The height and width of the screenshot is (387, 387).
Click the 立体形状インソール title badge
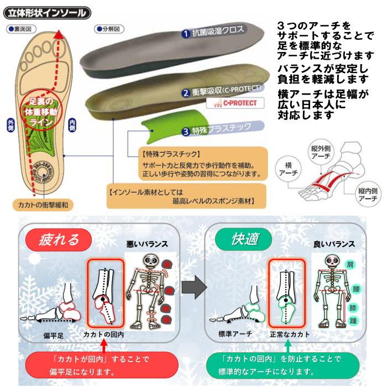pos(46,11)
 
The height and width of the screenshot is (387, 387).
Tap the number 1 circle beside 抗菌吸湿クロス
pos(186,33)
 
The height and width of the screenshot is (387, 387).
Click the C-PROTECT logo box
pos(235,103)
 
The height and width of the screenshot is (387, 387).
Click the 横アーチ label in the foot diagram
pos(291,169)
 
